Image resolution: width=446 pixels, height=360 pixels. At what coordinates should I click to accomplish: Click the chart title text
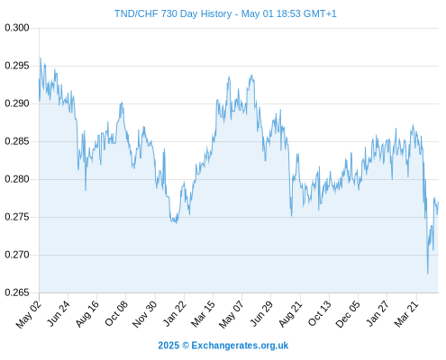(225, 13)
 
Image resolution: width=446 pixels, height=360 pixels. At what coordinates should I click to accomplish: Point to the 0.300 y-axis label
(17, 28)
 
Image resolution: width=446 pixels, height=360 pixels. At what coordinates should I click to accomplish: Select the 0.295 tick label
(17, 66)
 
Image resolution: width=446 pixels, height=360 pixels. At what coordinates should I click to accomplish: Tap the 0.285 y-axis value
(17, 141)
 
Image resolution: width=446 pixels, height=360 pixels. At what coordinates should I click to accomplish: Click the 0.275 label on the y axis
(17, 217)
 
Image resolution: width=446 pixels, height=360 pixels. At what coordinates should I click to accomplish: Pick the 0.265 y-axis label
(17, 292)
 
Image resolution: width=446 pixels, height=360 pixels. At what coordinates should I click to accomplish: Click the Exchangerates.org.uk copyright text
(223, 346)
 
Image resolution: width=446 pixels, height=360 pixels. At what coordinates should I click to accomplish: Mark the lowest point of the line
(428, 274)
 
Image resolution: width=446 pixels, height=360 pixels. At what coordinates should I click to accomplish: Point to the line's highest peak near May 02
(41, 58)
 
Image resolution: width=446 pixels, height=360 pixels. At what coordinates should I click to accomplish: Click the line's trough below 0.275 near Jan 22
(177, 223)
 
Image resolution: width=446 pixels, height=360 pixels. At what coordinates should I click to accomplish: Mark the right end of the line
(439, 202)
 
